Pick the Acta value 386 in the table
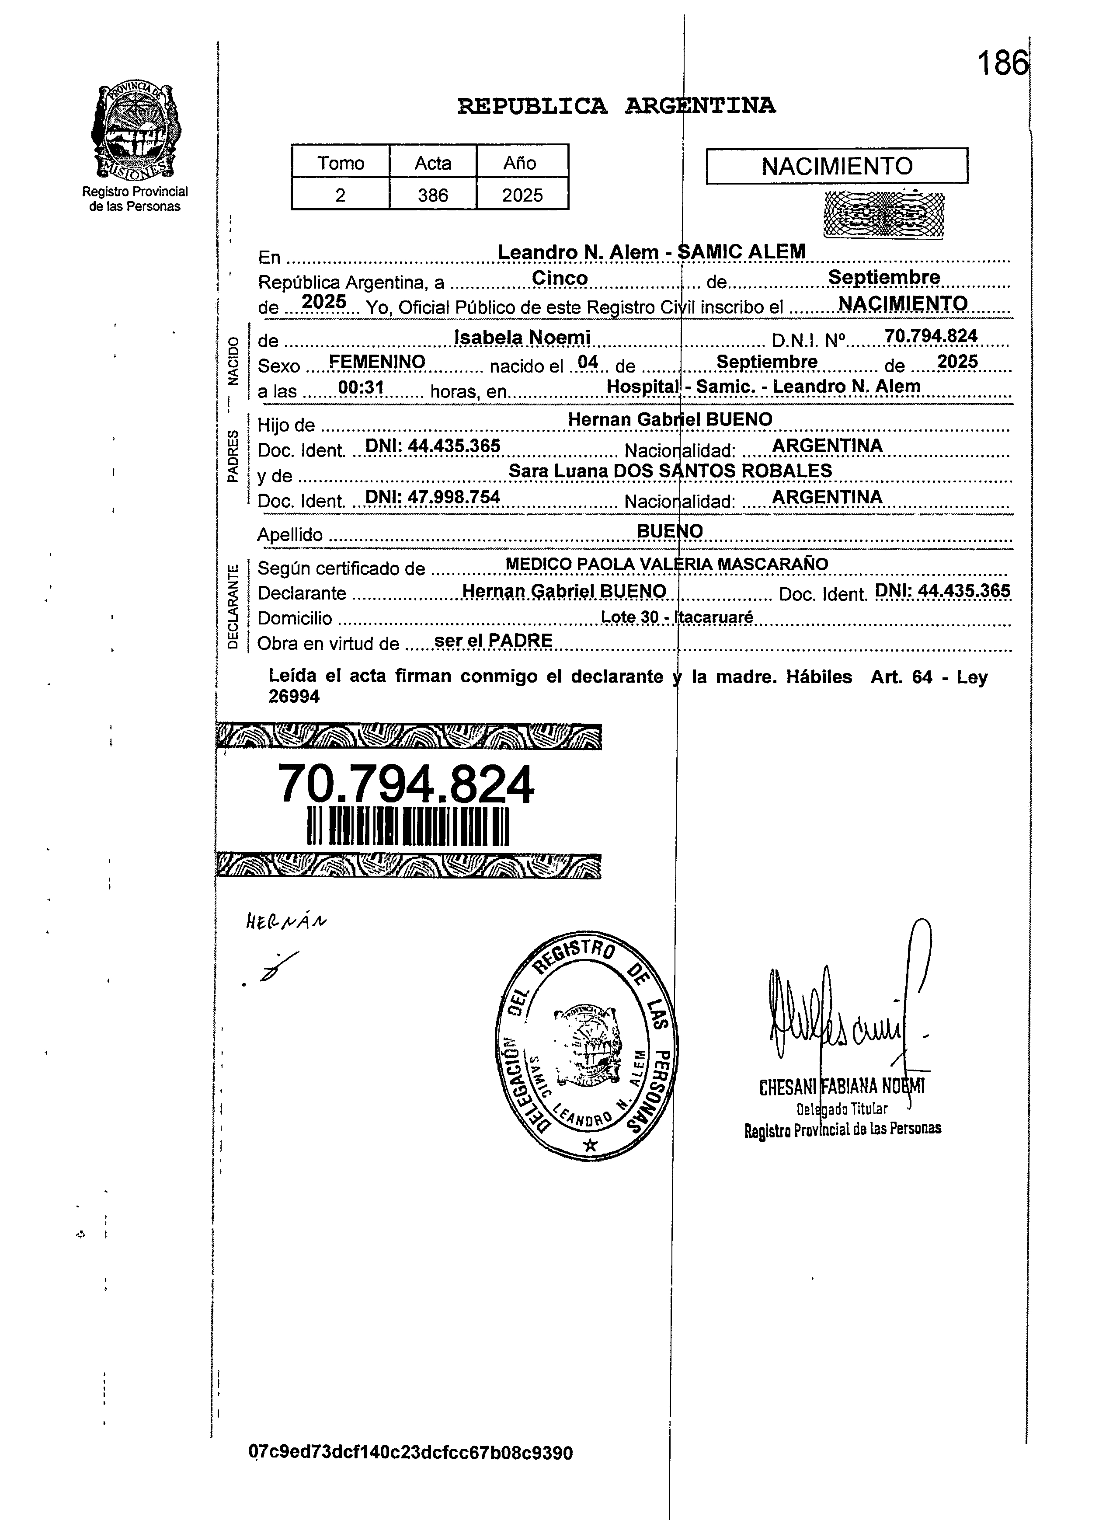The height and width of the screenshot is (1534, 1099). (x=432, y=195)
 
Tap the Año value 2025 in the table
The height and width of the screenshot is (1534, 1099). (x=522, y=195)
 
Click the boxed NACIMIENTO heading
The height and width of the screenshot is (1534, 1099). (x=837, y=166)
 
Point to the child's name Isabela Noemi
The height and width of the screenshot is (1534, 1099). (x=522, y=337)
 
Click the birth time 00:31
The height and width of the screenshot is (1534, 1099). (x=361, y=387)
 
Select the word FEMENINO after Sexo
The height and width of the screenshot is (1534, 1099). (x=377, y=362)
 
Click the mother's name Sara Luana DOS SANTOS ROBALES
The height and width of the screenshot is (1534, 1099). (x=670, y=471)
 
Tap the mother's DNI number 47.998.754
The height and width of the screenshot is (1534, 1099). (x=432, y=497)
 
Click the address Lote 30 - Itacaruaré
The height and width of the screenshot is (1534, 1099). (x=676, y=617)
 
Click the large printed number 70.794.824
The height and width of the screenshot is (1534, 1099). (x=406, y=784)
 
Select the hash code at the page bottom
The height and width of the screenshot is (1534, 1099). (x=410, y=1453)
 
